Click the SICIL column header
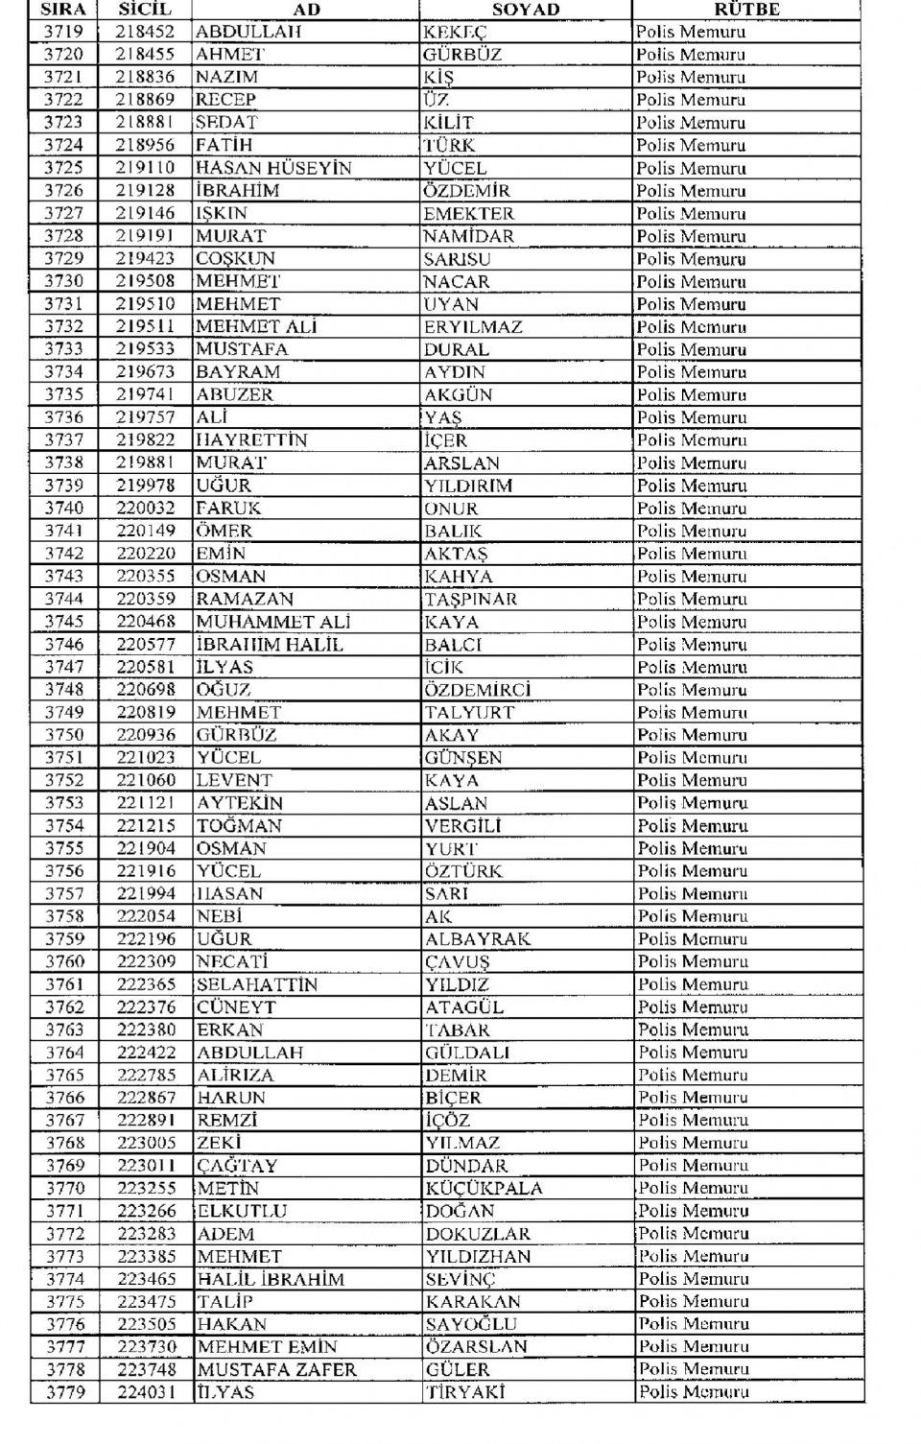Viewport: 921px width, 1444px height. tap(145, 10)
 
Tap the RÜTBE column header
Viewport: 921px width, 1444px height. tap(746, 10)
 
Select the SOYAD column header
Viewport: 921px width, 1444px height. tap(525, 10)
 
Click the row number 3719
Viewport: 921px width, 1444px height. tap(63, 32)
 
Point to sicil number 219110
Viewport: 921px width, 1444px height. tap(145, 168)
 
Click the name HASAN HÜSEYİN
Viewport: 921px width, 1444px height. tap(273, 168)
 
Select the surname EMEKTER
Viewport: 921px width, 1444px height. tap(469, 214)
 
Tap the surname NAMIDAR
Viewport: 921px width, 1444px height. tap(469, 236)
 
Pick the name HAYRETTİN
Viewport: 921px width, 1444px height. tap(252, 440)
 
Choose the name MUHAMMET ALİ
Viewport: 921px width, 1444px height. tap(273, 622)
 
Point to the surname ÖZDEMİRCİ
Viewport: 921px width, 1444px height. tap(478, 690)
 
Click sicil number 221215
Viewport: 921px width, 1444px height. tap(146, 826)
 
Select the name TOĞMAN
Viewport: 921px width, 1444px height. tap(240, 826)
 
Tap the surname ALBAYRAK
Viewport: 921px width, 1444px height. tap(478, 939)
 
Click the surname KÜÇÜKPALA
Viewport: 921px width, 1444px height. tap(484, 1189)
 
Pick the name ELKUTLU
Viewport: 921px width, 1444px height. tap(242, 1211)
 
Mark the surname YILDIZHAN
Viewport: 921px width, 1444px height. tap(478, 1257)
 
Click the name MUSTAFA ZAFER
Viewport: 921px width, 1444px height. tap(276, 1370)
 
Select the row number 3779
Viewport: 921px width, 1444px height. tap(64, 1392)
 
